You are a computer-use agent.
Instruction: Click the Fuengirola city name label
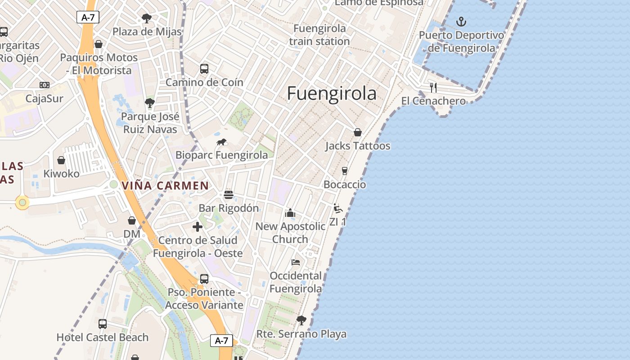pos(332,93)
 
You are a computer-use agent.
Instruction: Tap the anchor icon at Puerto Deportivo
pos(461,21)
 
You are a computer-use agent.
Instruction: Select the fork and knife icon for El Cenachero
pos(433,87)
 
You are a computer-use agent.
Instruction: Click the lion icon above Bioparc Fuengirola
pos(221,142)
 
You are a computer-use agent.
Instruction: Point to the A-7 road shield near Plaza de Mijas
pos(88,18)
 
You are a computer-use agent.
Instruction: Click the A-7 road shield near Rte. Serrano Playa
pos(221,341)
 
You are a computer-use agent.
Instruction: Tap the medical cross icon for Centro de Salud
pos(198,227)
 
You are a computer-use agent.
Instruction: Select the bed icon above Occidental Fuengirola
pos(296,262)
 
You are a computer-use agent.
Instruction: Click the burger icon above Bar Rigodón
pos(229,195)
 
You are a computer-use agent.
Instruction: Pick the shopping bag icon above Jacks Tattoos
pos(358,132)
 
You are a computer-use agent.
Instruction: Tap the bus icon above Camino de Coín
pos(204,69)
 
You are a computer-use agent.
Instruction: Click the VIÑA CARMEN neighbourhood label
pos(165,185)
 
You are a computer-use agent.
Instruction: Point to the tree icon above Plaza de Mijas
pos(147,18)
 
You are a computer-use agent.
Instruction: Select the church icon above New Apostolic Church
pos(290,213)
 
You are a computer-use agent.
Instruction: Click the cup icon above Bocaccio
pos(345,171)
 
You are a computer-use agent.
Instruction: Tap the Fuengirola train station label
pos(319,35)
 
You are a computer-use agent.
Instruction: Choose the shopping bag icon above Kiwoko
pos(61,160)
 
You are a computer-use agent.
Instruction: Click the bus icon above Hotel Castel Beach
pos(103,324)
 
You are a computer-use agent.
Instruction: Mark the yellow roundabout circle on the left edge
pos(22,203)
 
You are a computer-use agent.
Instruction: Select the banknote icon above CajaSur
pos(44,85)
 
